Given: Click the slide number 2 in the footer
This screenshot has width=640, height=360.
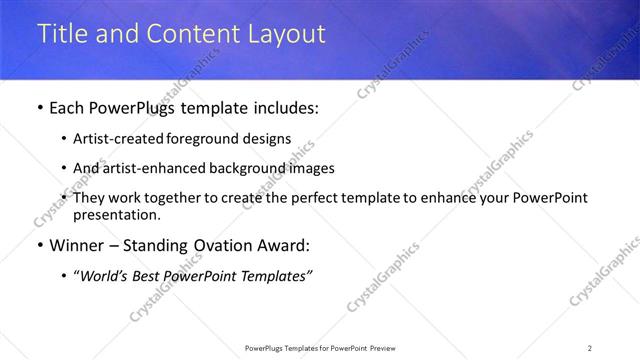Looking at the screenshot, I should [x=589, y=348].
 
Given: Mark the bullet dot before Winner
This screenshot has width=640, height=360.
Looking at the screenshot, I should [x=39, y=246].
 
